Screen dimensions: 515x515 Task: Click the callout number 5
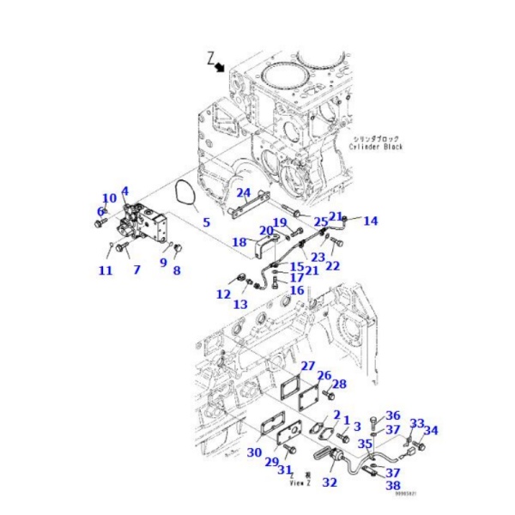click(x=206, y=223)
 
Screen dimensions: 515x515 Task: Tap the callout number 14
click(x=370, y=221)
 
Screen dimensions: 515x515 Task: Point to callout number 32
click(x=330, y=483)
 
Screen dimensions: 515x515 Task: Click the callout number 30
click(x=254, y=453)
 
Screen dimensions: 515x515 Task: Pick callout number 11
click(x=105, y=271)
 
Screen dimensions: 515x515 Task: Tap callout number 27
click(x=307, y=367)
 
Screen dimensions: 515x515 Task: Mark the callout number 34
click(x=431, y=430)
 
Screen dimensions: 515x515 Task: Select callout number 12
click(x=223, y=294)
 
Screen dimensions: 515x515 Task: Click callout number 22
click(x=332, y=266)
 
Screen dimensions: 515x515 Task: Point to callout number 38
click(x=393, y=486)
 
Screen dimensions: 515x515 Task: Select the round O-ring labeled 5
click(x=181, y=197)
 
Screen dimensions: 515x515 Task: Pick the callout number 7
click(x=136, y=270)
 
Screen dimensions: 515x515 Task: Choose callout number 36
click(x=392, y=415)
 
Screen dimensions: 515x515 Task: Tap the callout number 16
click(x=297, y=291)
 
